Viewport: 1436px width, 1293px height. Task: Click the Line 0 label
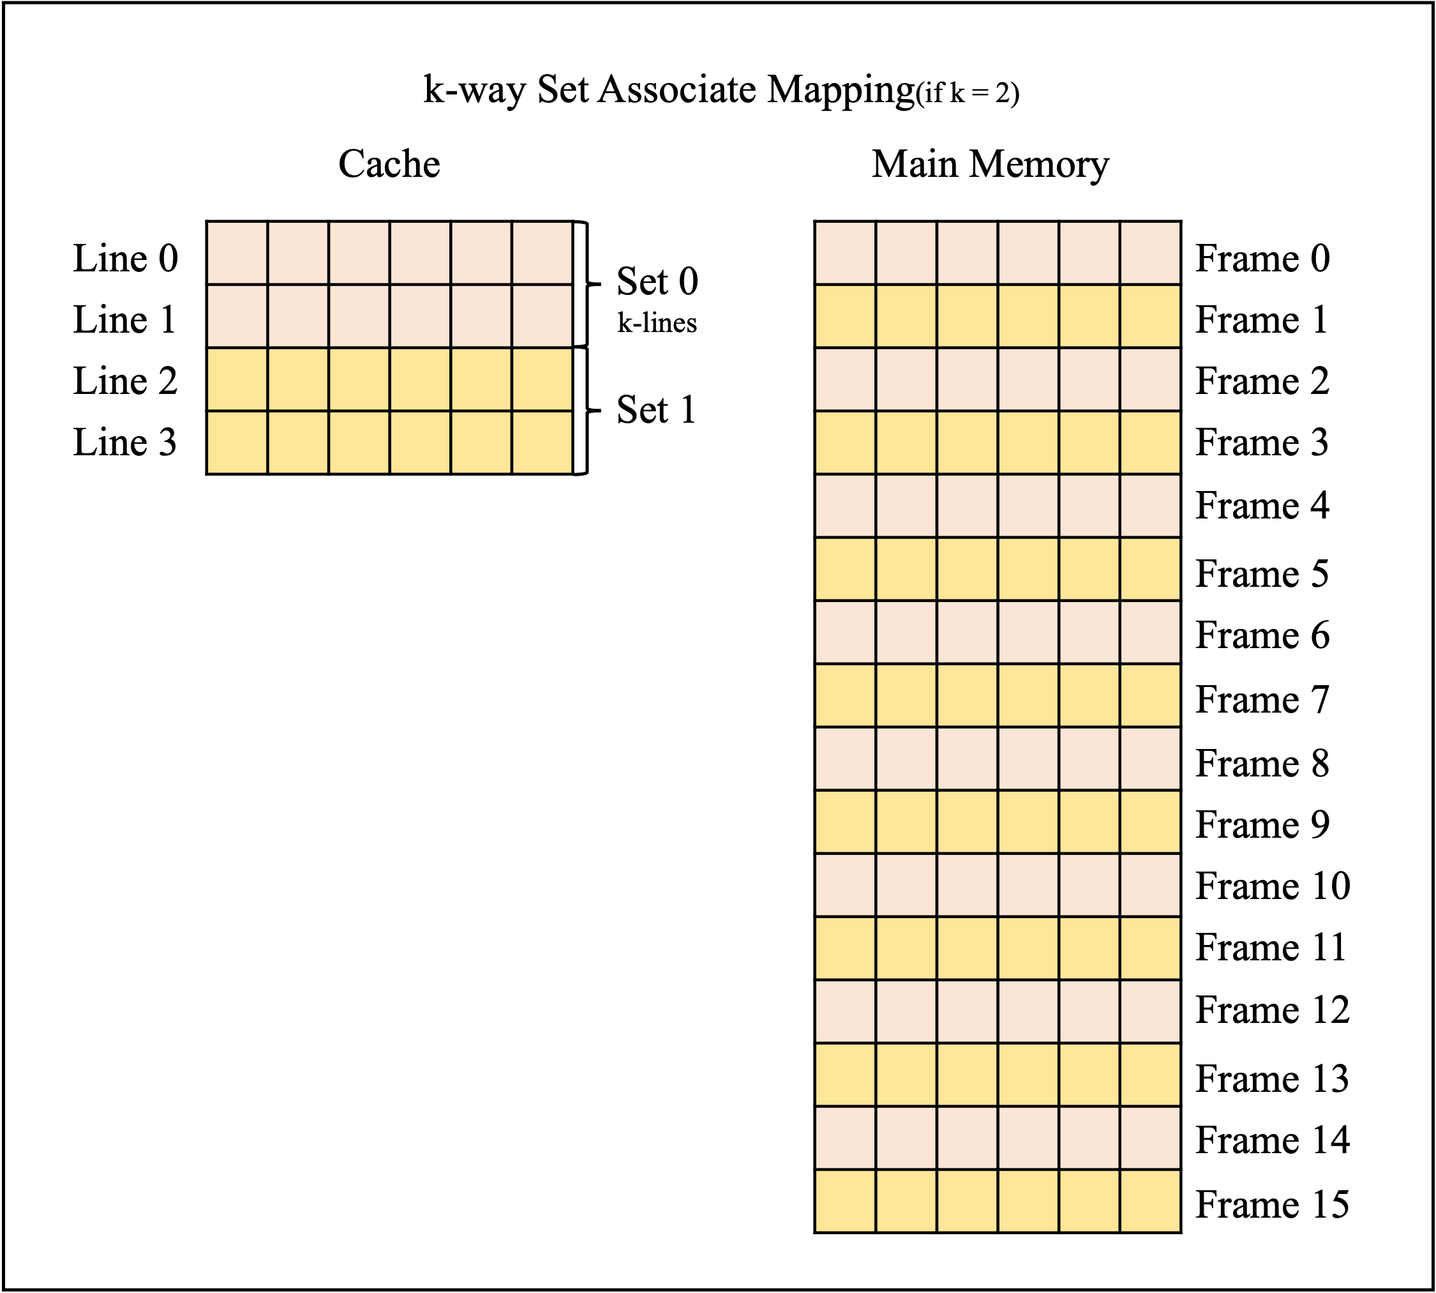(x=125, y=258)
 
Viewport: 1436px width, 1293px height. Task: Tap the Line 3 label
(x=125, y=442)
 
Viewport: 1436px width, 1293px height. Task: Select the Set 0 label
(x=657, y=282)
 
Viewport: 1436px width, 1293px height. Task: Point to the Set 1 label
(x=655, y=410)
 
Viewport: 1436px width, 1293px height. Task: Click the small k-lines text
(x=657, y=322)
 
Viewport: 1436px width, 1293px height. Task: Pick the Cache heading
(x=389, y=164)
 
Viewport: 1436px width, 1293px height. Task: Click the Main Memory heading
(x=990, y=165)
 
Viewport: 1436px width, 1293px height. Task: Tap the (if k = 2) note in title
(x=968, y=93)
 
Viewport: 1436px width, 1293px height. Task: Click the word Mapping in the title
(x=841, y=90)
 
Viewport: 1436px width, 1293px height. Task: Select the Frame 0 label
(x=1262, y=258)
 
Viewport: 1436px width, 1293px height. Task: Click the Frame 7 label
(x=1262, y=700)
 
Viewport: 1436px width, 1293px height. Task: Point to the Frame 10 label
(x=1273, y=886)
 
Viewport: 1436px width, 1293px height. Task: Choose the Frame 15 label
(x=1272, y=1204)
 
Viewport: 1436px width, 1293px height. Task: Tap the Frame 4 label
(x=1262, y=505)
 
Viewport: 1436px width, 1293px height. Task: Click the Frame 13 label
(x=1272, y=1078)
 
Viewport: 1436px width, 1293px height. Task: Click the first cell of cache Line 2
(x=237, y=379)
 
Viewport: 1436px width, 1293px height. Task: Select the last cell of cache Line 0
(x=542, y=253)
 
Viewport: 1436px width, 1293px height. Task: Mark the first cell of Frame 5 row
(x=845, y=569)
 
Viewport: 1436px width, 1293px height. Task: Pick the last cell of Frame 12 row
(x=1151, y=1011)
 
